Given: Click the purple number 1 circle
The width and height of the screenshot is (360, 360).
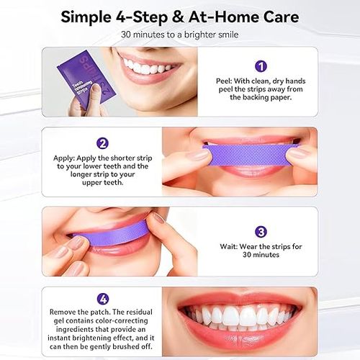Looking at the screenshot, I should pyautogui.click(x=261, y=66).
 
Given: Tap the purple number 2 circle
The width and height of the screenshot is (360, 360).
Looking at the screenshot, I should pyautogui.click(x=102, y=143).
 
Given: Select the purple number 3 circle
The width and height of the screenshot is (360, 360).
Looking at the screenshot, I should pyautogui.click(x=261, y=232).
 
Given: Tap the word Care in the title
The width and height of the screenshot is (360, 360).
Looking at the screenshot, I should pyautogui.click(x=277, y=16).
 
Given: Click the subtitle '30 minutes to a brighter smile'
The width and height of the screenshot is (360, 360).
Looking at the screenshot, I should pyautogui.click(x=179, y=35).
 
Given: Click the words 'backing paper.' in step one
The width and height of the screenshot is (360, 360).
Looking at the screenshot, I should pyautogui.click(x=261, y=97).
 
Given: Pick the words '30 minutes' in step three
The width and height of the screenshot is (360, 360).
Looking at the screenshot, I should pyautogui.click(x=261, y=255).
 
